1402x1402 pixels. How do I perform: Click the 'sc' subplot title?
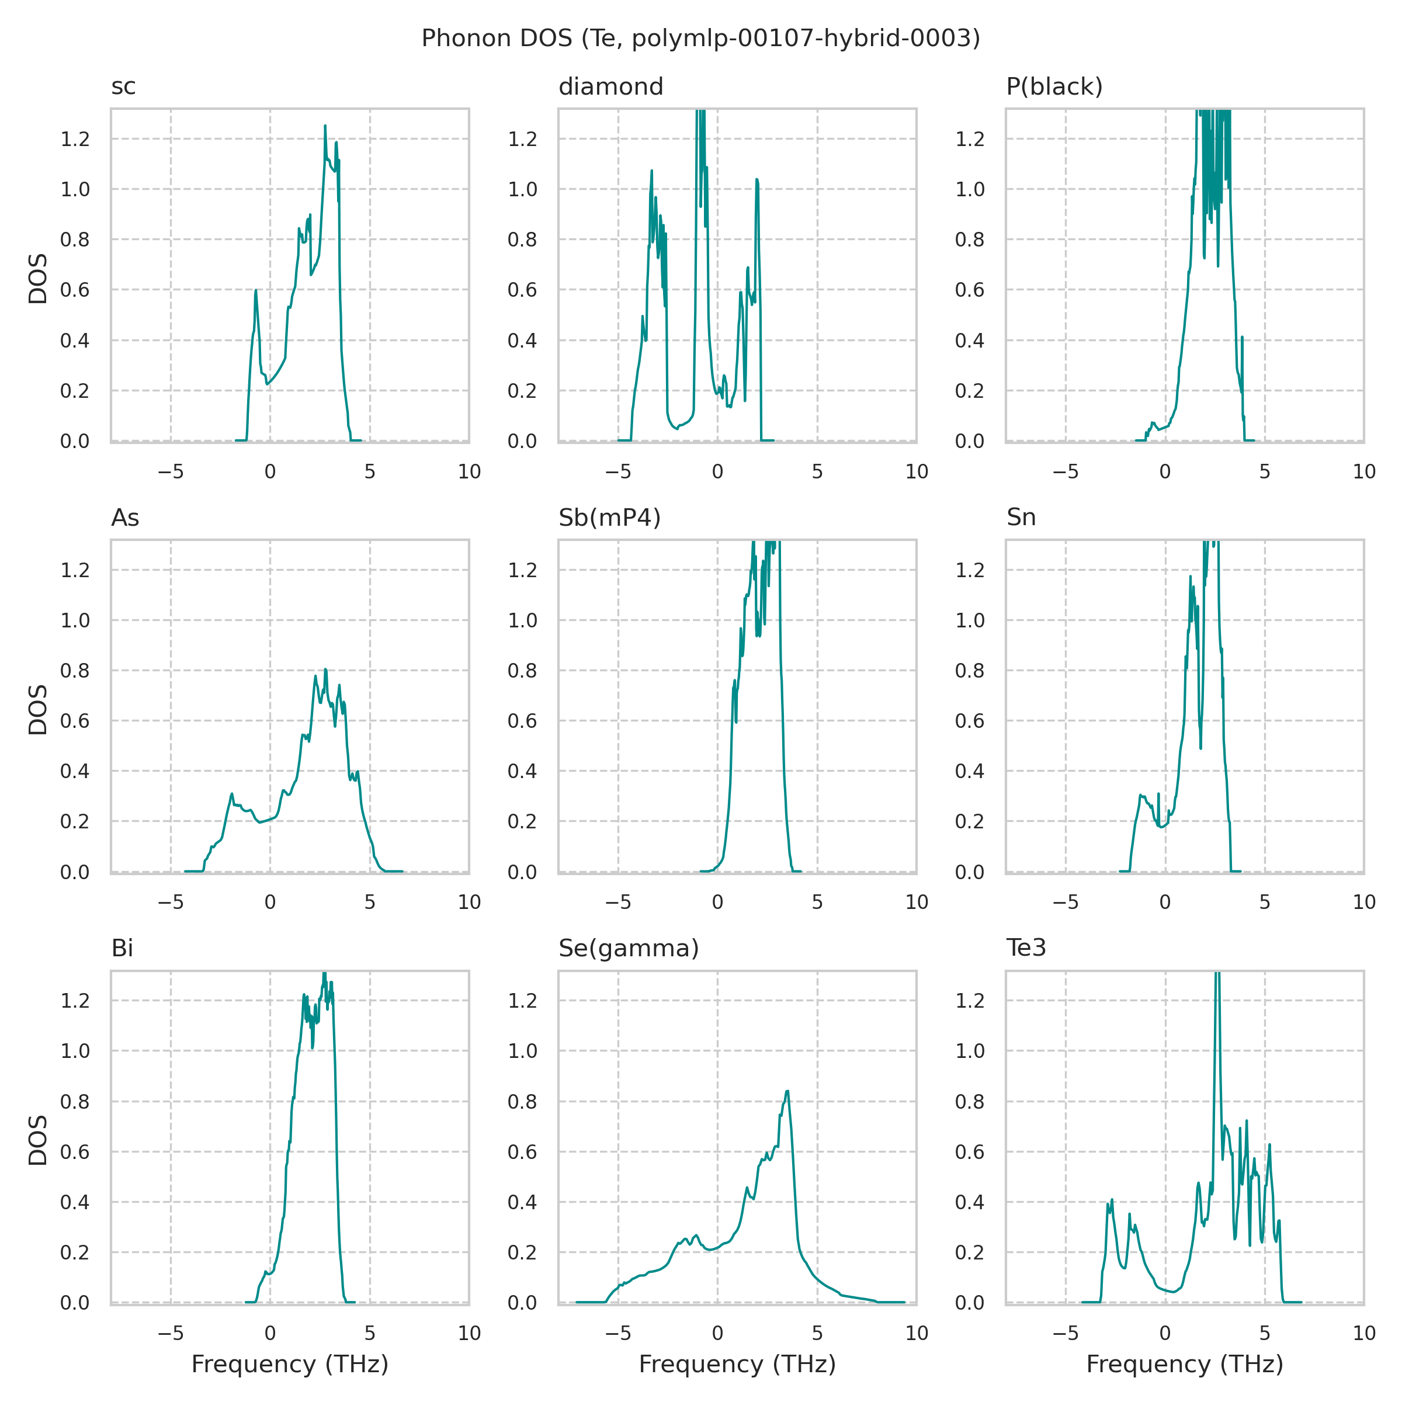[x=123, y=87]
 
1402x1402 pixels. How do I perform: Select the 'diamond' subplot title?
[x=610, y=87]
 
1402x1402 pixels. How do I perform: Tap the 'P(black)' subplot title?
[x=1054, y=87]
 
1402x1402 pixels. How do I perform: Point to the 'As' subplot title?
[x=125, y=518]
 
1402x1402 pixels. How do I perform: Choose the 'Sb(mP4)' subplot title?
[x=609, y=518]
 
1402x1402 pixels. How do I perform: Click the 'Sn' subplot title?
[x=1021, y=518]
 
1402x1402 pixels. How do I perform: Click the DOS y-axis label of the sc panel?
[x=38, y=278]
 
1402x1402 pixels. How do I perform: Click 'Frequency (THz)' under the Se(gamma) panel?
[x=737, y=1364]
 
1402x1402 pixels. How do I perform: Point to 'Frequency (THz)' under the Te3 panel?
[x=1184, y=1364]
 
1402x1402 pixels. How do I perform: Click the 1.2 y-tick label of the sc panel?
[x=75, y=140]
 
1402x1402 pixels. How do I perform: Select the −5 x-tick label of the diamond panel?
[x=617, y=471]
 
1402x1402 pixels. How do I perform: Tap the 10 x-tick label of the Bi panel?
[x=470, y=1333]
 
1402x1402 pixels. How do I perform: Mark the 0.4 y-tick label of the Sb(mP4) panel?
[x=522, y=771]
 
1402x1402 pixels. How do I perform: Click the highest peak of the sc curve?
[x=325, y=126]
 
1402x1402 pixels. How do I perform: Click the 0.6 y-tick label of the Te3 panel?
[x=970, y=1153]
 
